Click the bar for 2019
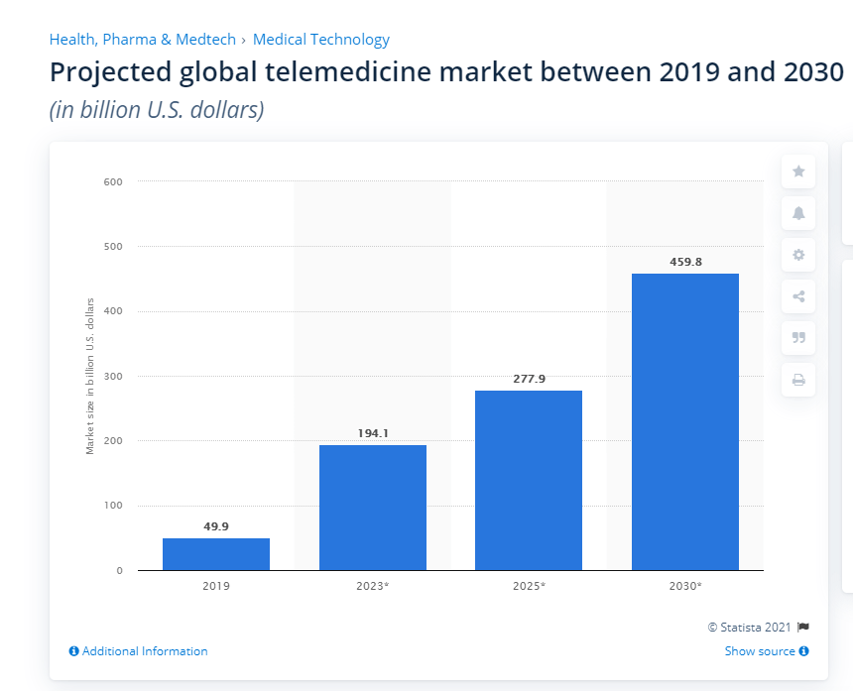click(x=216, y=554)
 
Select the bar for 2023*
click(x=373, y=508)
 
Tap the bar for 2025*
click(x=529, y=481)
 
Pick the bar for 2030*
click(x=685, y=421)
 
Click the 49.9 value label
click(x=216, y=526)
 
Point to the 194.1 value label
click(x=373, y=433)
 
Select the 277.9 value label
click(x=529, y=379)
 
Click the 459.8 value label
click(x=685, y=262)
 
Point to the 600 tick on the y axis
click(x=112, y=181)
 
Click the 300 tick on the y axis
click(x=112, y=377)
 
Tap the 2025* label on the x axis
click(x=529, y=586)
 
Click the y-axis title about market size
click(x=90, y=376)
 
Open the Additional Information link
click(x=139, y=651)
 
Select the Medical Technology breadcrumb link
click(x=321, y=40)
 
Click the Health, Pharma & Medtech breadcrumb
click(x=143, y=40)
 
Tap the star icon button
click(x=798, y=172)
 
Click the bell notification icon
click(x=798, y=213)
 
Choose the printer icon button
click(x=798, y=380)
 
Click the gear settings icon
click(x=798, y=255)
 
